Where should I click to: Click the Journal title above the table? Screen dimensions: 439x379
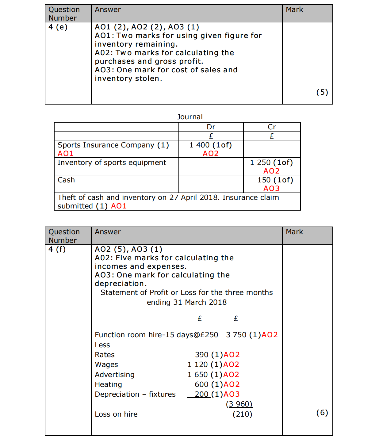pos(190,117)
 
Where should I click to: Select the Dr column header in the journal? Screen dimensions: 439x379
pos(211,127)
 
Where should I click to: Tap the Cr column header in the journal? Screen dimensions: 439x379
pos(272,127)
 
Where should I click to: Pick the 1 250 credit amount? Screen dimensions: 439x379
pos(260,162)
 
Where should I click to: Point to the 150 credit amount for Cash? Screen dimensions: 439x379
pos(264,180)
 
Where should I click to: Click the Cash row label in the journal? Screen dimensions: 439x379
pos(66,180)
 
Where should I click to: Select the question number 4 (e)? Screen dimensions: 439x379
pos(58,27)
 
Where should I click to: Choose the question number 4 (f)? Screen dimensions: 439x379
pos(57,249)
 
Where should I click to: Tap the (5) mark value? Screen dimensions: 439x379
pos(322,92)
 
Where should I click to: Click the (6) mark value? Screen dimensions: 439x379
pos(322,413)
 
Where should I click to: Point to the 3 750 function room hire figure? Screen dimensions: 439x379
pos(236,335)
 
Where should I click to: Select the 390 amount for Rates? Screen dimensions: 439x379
pos(201,355)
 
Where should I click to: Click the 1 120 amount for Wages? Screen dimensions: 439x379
pos(198,365)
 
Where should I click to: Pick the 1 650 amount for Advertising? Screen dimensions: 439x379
pos(198,375)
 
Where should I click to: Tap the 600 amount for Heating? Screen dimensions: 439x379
pos(201,384)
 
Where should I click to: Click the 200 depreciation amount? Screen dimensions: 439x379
pos(201,394)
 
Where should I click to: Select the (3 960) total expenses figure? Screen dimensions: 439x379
pos(239,404)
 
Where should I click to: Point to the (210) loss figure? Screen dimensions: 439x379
pos(242,414)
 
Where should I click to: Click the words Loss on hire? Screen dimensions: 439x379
pos(116,414)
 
